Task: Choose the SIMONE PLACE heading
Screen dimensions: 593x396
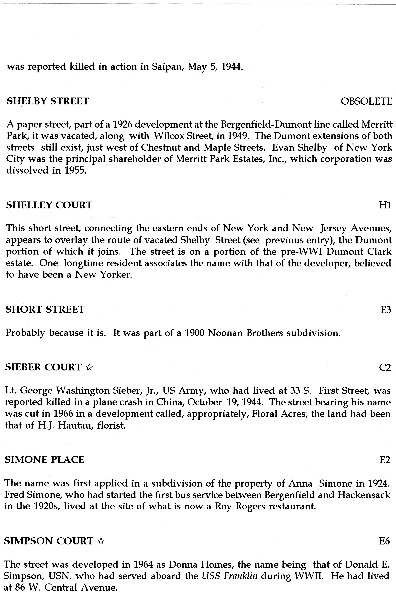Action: (44, 460)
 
